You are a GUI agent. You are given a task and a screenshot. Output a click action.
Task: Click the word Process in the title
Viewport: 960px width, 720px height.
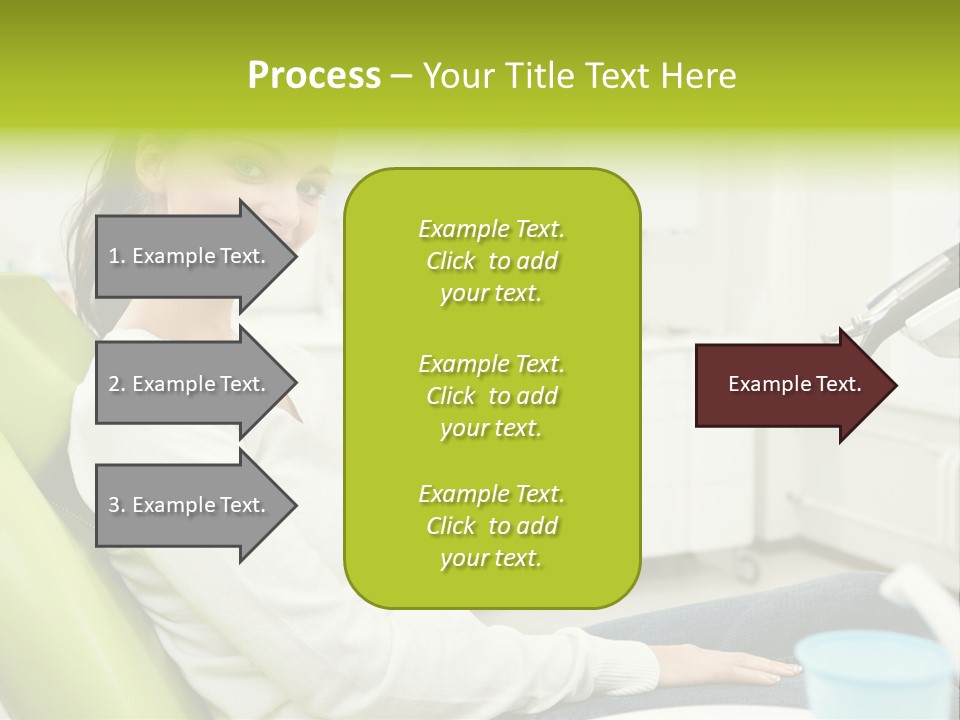point(314,76)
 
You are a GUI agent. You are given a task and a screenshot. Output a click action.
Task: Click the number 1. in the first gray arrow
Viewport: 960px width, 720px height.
point(116,256)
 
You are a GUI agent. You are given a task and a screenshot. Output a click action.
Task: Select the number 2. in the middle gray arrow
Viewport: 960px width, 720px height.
point(116,384)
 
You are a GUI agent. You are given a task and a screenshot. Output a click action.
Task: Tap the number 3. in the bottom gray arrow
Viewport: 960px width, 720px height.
point(116,505)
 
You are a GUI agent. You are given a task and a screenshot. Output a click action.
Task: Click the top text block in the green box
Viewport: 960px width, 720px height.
point(491,261)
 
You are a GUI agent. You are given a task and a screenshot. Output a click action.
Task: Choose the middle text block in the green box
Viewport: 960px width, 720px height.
point(491,396)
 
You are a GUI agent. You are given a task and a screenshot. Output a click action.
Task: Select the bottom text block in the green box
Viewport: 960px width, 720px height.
point(491,526)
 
